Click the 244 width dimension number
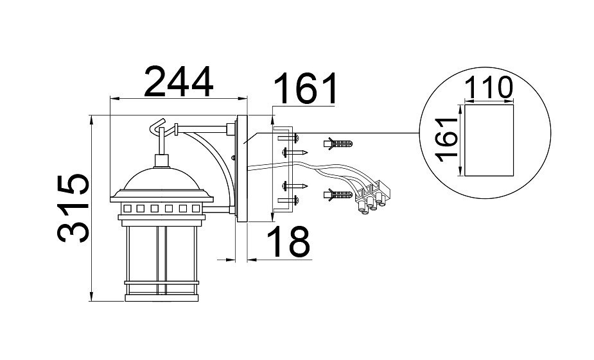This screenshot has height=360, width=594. pos(178,81)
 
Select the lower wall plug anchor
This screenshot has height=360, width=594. pos(340,193)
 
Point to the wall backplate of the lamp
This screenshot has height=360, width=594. pos(242,169)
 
